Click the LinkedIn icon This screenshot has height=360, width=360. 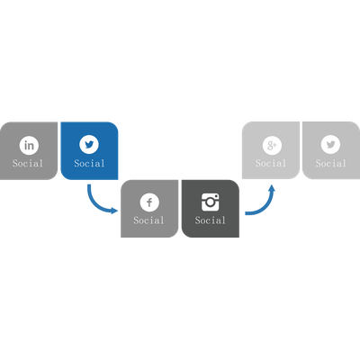[29, 145]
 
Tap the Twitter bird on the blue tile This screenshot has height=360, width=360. [89, 144]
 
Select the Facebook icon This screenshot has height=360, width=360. [149, 202]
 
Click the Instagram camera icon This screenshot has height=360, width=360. [210, 202]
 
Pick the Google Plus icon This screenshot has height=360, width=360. [272, 145]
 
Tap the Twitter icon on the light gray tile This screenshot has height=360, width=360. [330, 145]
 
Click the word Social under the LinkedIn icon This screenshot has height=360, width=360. [28, 164]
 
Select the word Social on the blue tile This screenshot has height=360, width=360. [89, 164]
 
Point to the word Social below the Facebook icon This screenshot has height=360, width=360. [148, 220]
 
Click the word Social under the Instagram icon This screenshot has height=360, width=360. [210, 220]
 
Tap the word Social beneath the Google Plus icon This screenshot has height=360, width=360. [271, 164]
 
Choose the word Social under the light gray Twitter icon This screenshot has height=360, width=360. [331, 164]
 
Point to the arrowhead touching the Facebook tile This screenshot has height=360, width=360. [114, 211]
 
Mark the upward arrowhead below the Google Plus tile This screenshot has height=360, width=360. [272, 188]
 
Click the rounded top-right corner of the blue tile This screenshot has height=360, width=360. [114, 126]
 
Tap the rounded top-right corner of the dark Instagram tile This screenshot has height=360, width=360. [235, 184]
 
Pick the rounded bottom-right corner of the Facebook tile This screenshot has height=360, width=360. [175, 233]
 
